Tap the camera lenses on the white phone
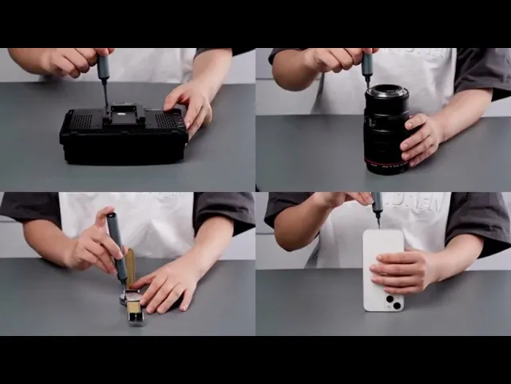393,302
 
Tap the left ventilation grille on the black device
85,120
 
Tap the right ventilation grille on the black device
168,121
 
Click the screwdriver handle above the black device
103,67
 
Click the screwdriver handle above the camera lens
366,64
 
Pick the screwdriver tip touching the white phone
378,222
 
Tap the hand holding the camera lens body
421,138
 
